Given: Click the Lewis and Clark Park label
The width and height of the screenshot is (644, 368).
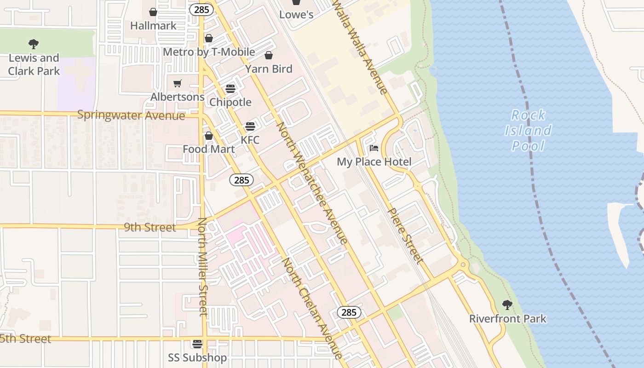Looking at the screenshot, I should [x=34, y=64].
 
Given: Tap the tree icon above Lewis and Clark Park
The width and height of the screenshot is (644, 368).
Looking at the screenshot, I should [x=34, y=44].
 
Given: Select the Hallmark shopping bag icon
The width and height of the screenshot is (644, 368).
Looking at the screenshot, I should [x=153, y=12].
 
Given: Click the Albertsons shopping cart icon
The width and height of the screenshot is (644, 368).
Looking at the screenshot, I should [x=177, y=83].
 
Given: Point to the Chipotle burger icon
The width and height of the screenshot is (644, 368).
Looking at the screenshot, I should [x=230, y=89].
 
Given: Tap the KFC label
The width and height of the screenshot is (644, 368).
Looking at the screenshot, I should [x=250, y=140].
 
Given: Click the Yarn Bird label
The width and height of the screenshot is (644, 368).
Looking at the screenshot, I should [x=269, y=69].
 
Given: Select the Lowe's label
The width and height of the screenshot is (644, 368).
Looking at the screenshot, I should [x=296, y=15].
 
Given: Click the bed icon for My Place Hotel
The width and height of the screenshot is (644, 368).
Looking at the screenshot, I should [x=374, y=148].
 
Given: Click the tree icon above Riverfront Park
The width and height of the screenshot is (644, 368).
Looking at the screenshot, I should [x=507, y=305].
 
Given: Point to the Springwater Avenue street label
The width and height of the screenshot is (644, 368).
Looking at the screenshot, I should [x=131, y=115].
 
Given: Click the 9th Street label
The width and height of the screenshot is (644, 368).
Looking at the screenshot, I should [x=150, y=228].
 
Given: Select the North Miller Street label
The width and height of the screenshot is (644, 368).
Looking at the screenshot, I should [x=203, y=267].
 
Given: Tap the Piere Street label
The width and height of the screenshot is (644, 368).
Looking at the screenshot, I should [x=405, y=236].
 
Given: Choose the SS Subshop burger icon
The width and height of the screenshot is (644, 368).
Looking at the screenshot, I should [x=197, y=344].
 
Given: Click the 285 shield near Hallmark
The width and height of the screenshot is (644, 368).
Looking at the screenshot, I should [x=202, y=9].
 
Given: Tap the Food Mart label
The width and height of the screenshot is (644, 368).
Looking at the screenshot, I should [x=209, y=149].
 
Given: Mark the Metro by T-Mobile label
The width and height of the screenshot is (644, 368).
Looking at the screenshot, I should [x=209, y=52].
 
